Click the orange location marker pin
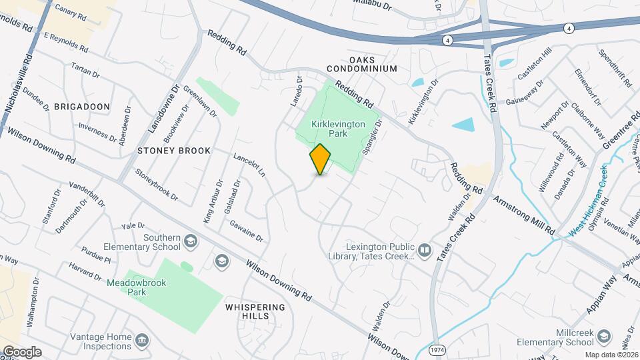point(320,159)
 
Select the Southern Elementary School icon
point(191,241)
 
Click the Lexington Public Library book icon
point(425,251)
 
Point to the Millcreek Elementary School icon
point(604,335)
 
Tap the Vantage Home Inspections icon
point(141,341)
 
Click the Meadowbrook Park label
point(137,287)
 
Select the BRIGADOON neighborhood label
point(81,107)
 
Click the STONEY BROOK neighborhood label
point(173,151)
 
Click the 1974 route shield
point(437,350)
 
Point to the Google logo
point(21,351)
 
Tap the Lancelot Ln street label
point(249,165)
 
